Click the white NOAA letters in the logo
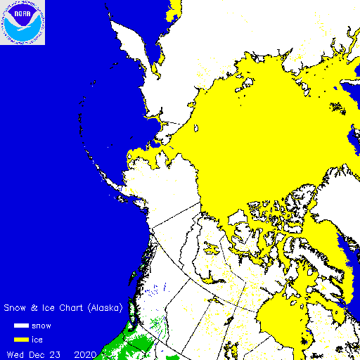[22, 13]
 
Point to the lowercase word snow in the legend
[42, 326]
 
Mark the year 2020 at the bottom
[89, 353]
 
